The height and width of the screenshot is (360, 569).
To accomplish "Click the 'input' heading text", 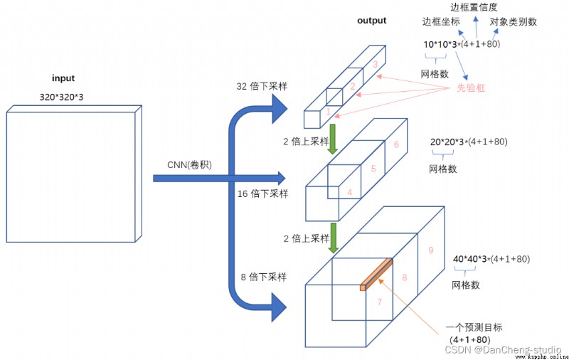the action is tap(63, 78).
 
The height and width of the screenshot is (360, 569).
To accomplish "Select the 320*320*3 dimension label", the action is tap(61, 97).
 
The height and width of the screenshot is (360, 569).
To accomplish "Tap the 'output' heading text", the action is tap(371, 21).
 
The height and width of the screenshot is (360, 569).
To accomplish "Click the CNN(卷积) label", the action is tap(189, 165).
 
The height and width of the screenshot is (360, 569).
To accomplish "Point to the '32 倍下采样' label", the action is tap(262, 86).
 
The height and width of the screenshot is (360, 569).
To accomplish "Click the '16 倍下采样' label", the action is tap(262, 194).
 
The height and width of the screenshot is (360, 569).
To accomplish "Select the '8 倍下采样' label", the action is tap(264, 277).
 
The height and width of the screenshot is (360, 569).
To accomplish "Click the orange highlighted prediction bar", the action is tap(376, 275).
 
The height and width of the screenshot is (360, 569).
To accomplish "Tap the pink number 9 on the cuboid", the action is tap(431, 250).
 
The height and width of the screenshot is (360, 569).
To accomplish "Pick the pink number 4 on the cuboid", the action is tap(349, 192).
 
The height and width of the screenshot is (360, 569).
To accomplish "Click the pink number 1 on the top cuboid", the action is tap(328, 111).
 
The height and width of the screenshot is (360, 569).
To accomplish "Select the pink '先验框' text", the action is tap(471, 88).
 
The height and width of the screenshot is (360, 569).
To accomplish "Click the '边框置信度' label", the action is tap(474, 7).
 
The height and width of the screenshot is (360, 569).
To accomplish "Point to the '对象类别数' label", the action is tap(513, 22).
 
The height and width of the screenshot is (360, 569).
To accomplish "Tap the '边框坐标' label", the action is tap(441, 22).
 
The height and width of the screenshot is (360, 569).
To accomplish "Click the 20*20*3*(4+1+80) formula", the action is tap(469, 142).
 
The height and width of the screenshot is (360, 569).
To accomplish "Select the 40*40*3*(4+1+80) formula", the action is tap(491, 259).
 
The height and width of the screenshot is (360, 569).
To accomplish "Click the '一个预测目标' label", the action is tap(474, 327).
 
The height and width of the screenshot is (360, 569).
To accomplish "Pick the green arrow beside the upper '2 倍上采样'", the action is tap(332, 139).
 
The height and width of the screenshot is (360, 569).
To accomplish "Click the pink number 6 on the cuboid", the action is tap(396, 144).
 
